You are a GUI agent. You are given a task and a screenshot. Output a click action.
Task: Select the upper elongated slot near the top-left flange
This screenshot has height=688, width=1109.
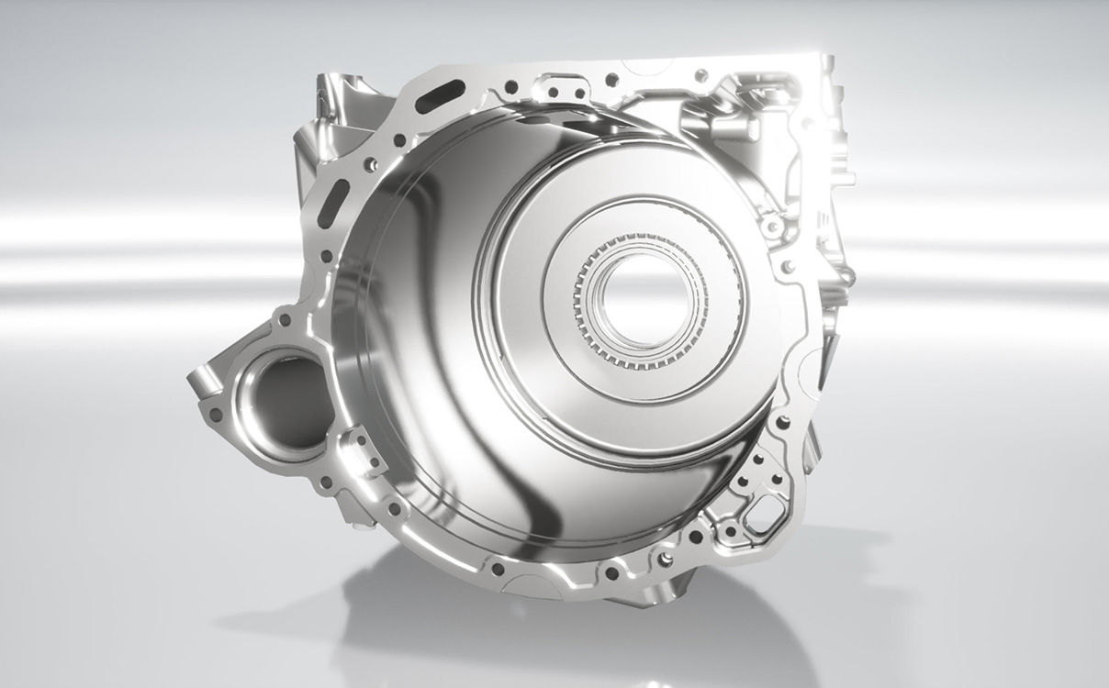point(439,95)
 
